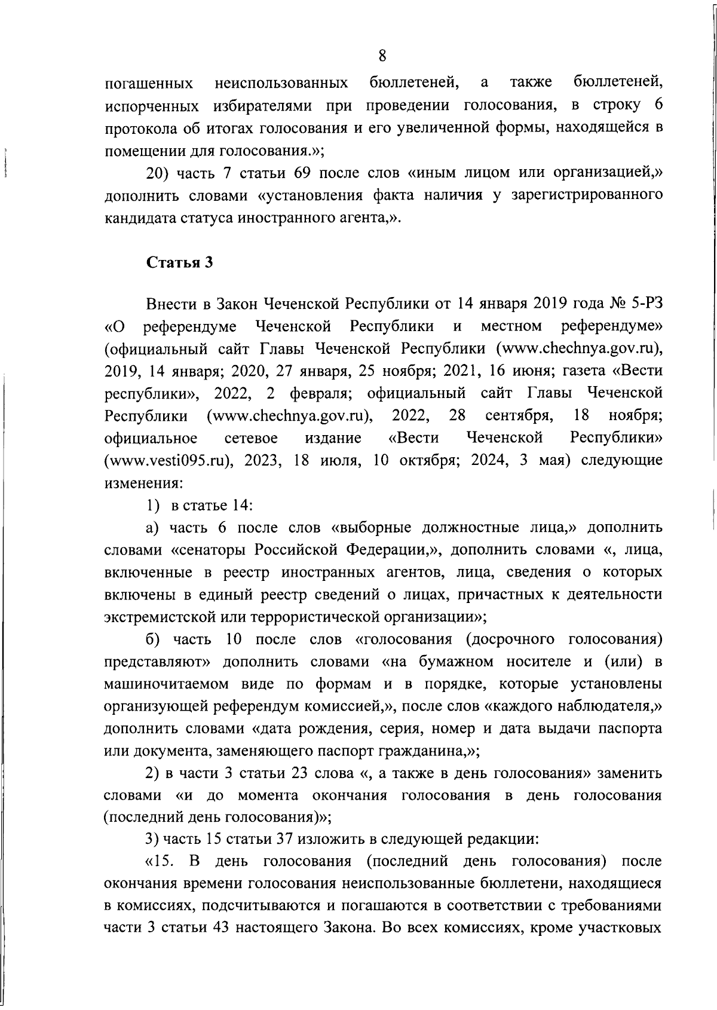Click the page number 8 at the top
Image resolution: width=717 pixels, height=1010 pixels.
[382, 56]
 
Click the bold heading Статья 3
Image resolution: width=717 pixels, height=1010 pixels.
[179, 262]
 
